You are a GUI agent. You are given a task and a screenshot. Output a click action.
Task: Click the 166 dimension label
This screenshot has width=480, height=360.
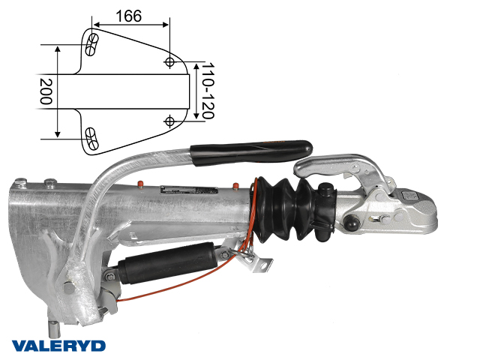pos(129,16)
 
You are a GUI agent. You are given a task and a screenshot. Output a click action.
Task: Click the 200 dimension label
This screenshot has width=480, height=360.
pos(46,91)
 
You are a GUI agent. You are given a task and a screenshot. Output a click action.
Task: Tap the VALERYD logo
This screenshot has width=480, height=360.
pos(58,346)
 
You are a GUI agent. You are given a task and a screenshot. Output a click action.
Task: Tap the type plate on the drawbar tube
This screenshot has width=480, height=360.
pos(189,190)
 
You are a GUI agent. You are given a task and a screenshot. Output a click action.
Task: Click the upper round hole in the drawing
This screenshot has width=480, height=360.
pos(169,62)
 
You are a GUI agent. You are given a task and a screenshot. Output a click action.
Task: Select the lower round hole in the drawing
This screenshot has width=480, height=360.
pos(169,121)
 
